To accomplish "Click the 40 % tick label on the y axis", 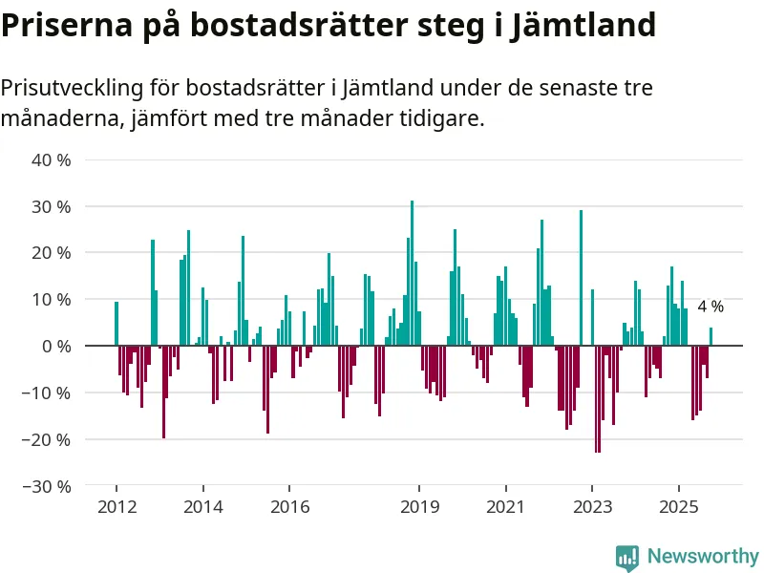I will pos(52,159).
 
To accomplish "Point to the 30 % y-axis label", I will pos(52,206).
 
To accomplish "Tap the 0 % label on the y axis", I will pos(55,346).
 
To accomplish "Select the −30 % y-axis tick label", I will pos(48,486).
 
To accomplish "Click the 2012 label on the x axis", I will pos(117,506).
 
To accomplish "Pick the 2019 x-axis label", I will pos(418,506).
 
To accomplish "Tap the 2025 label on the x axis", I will pos(678,506).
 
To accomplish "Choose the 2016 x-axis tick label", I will pos(289,506).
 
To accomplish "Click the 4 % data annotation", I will pos(711,307).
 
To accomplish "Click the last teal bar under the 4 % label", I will pos(711,336).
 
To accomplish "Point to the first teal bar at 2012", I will pos(117,324).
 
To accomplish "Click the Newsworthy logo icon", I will pos(627,557).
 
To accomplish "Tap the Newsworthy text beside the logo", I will pos(703,557).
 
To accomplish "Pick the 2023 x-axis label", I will pos(592,506).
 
